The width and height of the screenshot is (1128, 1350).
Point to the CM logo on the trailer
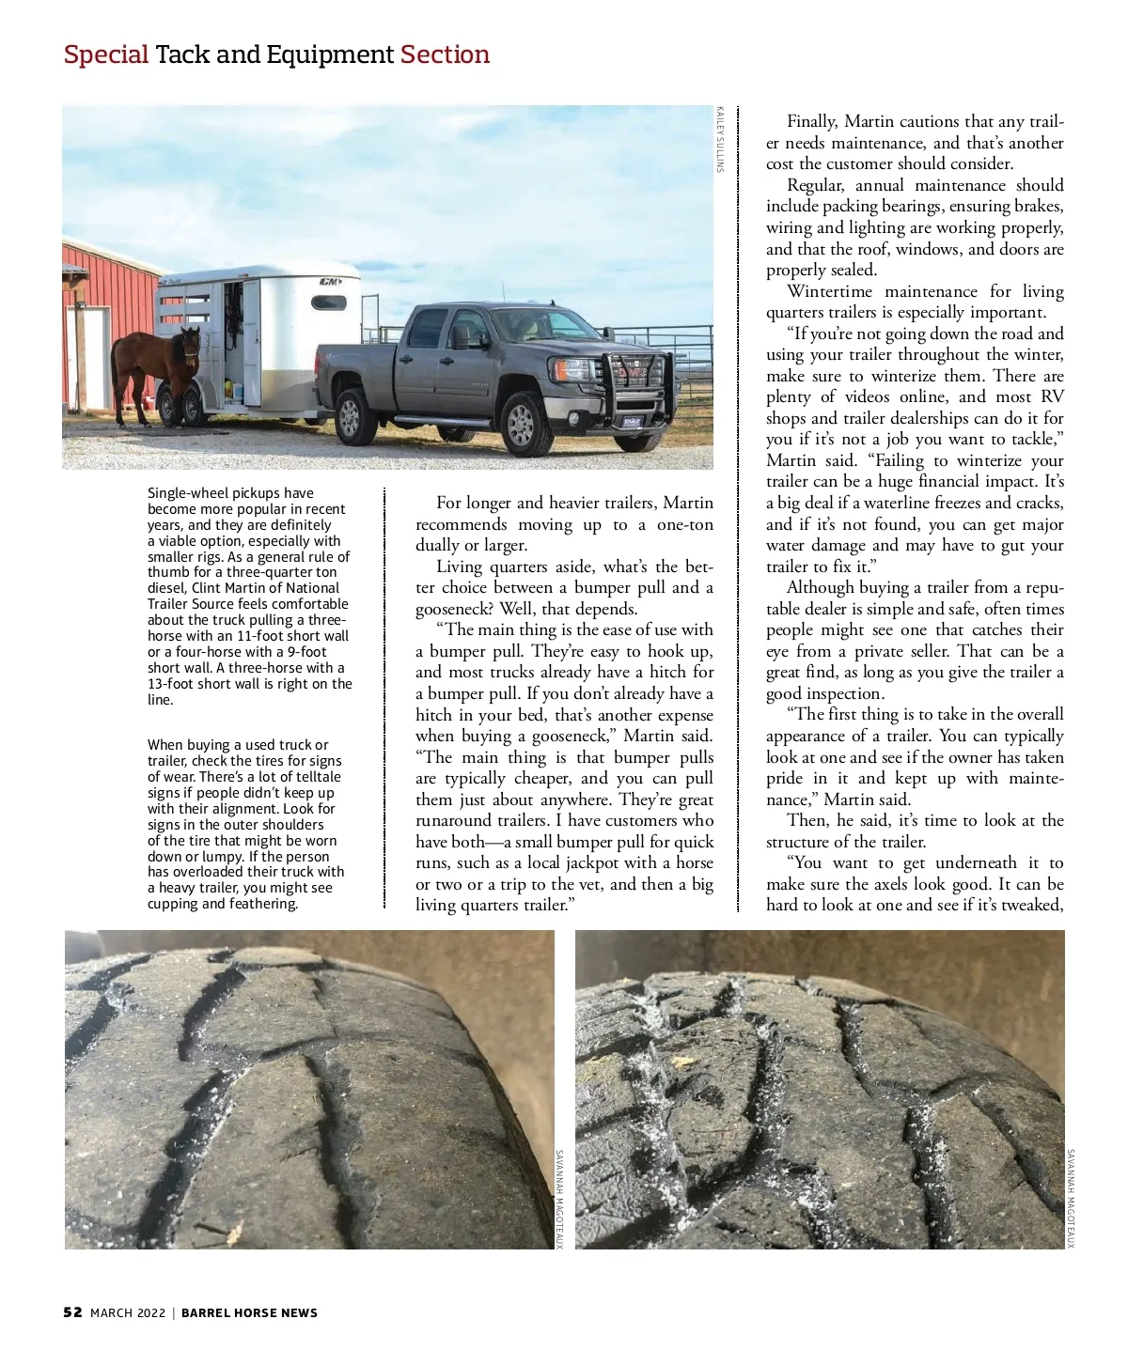pos(330,282)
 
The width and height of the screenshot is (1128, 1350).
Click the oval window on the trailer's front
pos(329,303)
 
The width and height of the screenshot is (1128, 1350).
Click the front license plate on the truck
pos(631,421)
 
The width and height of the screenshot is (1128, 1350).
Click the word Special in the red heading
pos(106,54)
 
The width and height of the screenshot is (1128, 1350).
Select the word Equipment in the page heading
pos(330,54)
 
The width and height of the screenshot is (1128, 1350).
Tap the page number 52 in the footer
pos(72,1312)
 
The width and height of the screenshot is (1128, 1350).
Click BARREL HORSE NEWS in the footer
pos(249,1312)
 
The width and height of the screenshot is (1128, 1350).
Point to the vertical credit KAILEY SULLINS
pos(720,139)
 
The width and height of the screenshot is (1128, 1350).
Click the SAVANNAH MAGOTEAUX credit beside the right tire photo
pos(1071,1199)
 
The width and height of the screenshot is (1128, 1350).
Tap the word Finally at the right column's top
pos(811,121)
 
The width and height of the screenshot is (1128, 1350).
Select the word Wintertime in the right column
pos(831,291)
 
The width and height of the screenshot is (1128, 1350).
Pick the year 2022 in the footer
pos(150,1312)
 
